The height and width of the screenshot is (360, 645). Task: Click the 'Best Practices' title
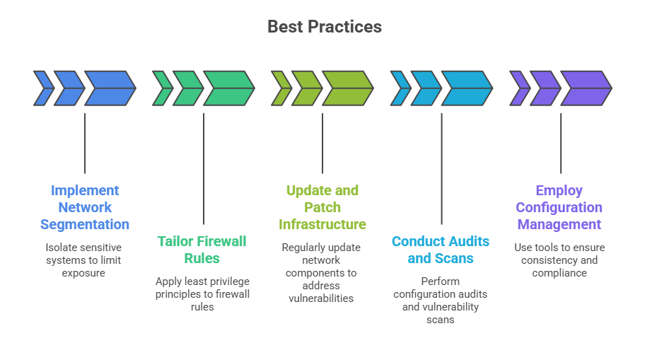point(324,27)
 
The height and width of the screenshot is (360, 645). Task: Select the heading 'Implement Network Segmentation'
point(85,207)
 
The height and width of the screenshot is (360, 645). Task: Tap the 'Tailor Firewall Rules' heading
point(202,250)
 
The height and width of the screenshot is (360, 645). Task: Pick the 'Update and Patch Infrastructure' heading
point(322,207)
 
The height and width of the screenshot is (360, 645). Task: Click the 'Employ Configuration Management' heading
point(559,207)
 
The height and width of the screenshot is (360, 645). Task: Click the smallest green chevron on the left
point(162,88)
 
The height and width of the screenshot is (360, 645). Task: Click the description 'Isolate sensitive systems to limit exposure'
point(83,260)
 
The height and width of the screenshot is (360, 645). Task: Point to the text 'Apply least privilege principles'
point(202,288)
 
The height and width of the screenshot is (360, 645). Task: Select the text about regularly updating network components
point(321,273)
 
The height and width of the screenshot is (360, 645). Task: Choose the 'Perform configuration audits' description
point(440,301)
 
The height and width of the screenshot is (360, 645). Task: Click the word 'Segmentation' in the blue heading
point(85,224)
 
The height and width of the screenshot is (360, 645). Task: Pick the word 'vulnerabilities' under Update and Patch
point(321,298)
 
